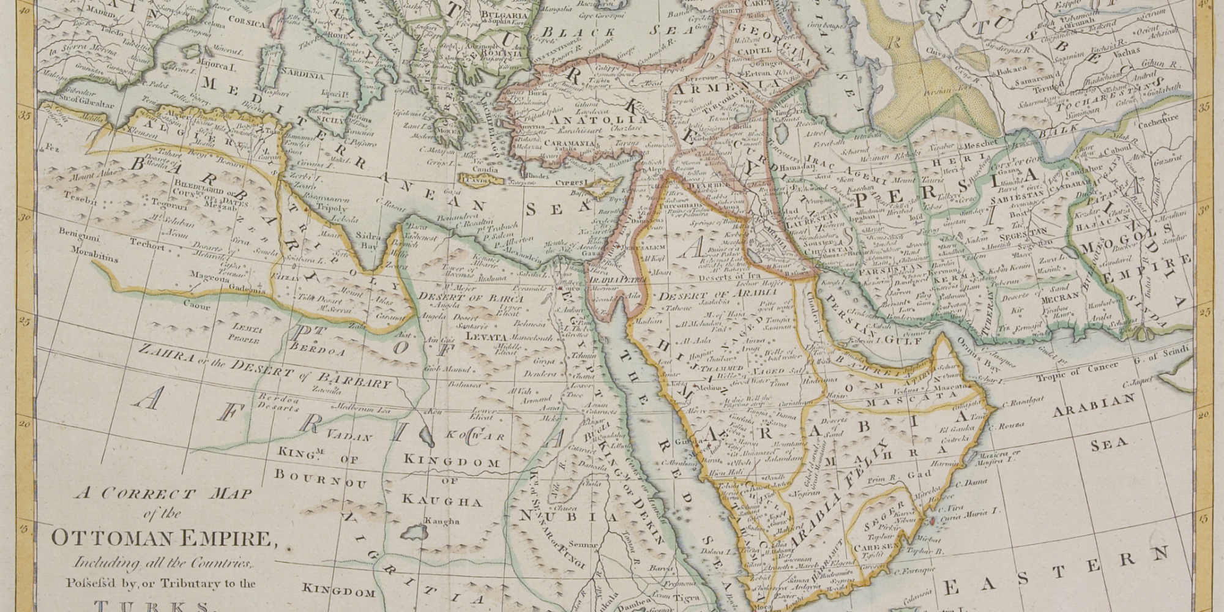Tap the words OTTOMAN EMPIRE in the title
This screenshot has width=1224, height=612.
(x=160, y=539)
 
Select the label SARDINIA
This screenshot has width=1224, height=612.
(x=303, y=76)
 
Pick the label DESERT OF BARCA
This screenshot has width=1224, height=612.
(x=471, y=297)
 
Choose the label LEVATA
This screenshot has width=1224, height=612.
(x=486, y=337)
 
